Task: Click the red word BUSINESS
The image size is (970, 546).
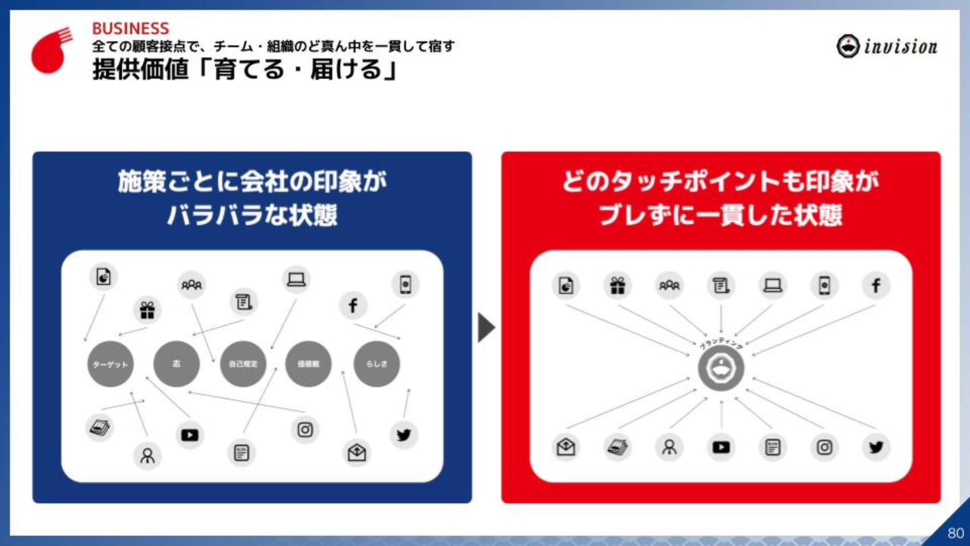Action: (x=130, y=28)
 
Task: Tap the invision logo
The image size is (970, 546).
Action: (x=886, y=46)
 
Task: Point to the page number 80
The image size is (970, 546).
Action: (x=955, y=533)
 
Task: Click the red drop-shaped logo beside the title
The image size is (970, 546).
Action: (x=51, y=51)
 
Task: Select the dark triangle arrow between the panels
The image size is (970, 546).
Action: (x=486, y=328)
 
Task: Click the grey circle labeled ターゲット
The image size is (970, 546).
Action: (x=110, y=364)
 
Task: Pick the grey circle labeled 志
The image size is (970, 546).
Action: (x=176, y=364)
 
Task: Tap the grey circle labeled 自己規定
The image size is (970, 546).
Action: (x=243, y=364)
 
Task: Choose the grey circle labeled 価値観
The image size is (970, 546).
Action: (x=309, y=364)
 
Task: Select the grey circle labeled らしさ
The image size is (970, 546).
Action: (x=377, y=364)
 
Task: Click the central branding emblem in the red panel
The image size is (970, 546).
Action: (x=721, y=368)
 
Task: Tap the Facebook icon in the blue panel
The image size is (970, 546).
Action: (x=353, y=305)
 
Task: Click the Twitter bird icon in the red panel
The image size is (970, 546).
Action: (x=876, y=447)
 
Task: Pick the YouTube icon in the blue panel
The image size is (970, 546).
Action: (x=190, y=435)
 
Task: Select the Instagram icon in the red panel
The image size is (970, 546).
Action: (x=825, y=447)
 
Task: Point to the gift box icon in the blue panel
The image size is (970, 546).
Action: (x=147, y=310)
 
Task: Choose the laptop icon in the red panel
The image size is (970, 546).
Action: (x=773, y=286)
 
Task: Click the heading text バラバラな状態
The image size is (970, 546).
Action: (x=252, y=216)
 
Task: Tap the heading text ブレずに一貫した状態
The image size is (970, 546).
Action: (x=720, y=216)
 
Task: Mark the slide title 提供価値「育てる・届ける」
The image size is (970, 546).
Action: (x=244, y=69)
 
